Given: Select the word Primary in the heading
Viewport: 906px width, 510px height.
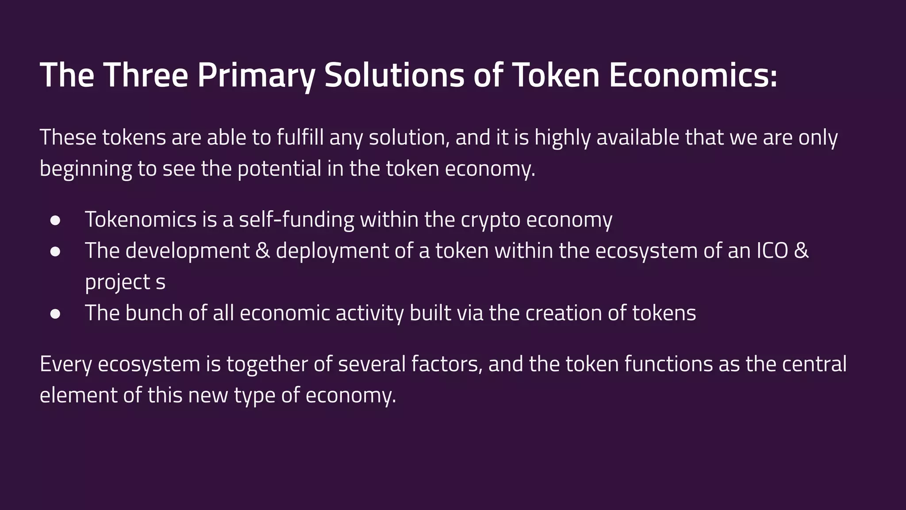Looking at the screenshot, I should [256, 75].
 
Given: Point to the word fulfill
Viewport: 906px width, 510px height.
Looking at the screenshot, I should [300, 138].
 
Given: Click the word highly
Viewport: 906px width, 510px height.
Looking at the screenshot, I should [562, 138].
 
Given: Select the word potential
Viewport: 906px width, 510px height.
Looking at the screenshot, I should [279, 169].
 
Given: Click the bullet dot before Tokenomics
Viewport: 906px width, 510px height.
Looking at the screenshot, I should [55, 220].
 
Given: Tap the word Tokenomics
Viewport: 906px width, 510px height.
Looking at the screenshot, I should [141, 220].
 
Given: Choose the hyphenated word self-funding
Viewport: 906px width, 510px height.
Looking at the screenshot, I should [296, 220].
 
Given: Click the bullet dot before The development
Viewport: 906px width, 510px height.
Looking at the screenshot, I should [55, 251].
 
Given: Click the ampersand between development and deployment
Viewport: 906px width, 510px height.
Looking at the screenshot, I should [263, 251].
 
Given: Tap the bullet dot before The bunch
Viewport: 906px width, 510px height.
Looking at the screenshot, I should [55, 314].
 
